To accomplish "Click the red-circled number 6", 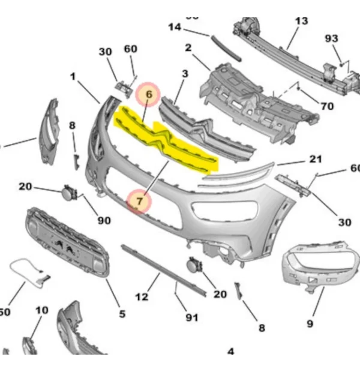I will point(149,94).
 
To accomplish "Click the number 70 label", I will point(327,106).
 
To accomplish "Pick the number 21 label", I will point(316,159).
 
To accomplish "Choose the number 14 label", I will point(175,26).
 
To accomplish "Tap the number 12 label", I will point(142,297).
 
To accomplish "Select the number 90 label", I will point(104,221).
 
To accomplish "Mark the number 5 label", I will point(122,313).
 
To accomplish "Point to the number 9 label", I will point(310,324).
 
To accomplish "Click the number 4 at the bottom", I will point(230,352).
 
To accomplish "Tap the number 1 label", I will point(73,77).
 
